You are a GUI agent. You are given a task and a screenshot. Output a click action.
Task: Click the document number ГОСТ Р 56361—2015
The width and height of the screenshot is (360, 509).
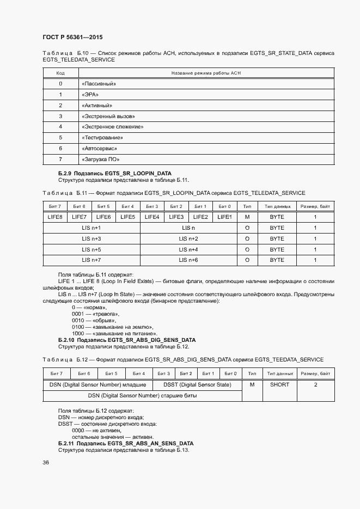click(x=72, y=37)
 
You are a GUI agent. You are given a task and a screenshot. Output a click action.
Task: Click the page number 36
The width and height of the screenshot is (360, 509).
click(x=46, y=463)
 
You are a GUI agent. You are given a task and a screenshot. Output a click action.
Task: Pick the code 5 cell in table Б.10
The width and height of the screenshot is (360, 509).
click(x=60, y=138)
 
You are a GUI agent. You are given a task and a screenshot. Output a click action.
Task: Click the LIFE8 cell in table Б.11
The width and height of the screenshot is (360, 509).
click(x=55, y=217)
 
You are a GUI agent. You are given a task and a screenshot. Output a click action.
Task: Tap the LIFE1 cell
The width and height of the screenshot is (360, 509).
click(x=224, y=217)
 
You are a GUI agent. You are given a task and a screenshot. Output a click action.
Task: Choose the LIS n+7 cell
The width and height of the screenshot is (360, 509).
click(x=91, y=260)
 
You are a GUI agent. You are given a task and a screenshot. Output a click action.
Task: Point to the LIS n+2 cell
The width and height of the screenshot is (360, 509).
click(x=188, y=239)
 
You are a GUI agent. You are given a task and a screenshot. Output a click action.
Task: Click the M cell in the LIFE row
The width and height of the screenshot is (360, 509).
click(x=247, y=217)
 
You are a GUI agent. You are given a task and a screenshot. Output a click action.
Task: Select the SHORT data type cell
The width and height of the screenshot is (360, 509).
click(x=279, y=384)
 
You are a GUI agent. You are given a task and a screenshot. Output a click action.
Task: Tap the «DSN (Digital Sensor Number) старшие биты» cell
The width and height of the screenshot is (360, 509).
click(x=142, y=396)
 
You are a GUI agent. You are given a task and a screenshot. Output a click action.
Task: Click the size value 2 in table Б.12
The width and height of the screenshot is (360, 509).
click(x=315, y=384)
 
